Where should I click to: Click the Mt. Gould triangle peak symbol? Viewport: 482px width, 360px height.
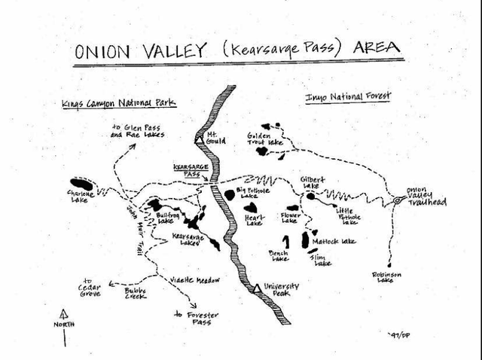point(200,140)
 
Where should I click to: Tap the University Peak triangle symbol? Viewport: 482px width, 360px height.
point(258,288)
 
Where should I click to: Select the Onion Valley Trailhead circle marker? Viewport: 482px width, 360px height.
point(397,201)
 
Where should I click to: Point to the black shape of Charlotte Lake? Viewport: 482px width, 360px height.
point(81,184)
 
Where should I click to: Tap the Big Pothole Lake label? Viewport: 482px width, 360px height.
point(253,193)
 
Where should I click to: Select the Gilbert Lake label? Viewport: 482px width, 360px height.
point(313,183)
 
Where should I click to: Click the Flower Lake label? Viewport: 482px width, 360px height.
point(290,218)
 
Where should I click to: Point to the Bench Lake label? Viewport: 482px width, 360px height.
point(278,256)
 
